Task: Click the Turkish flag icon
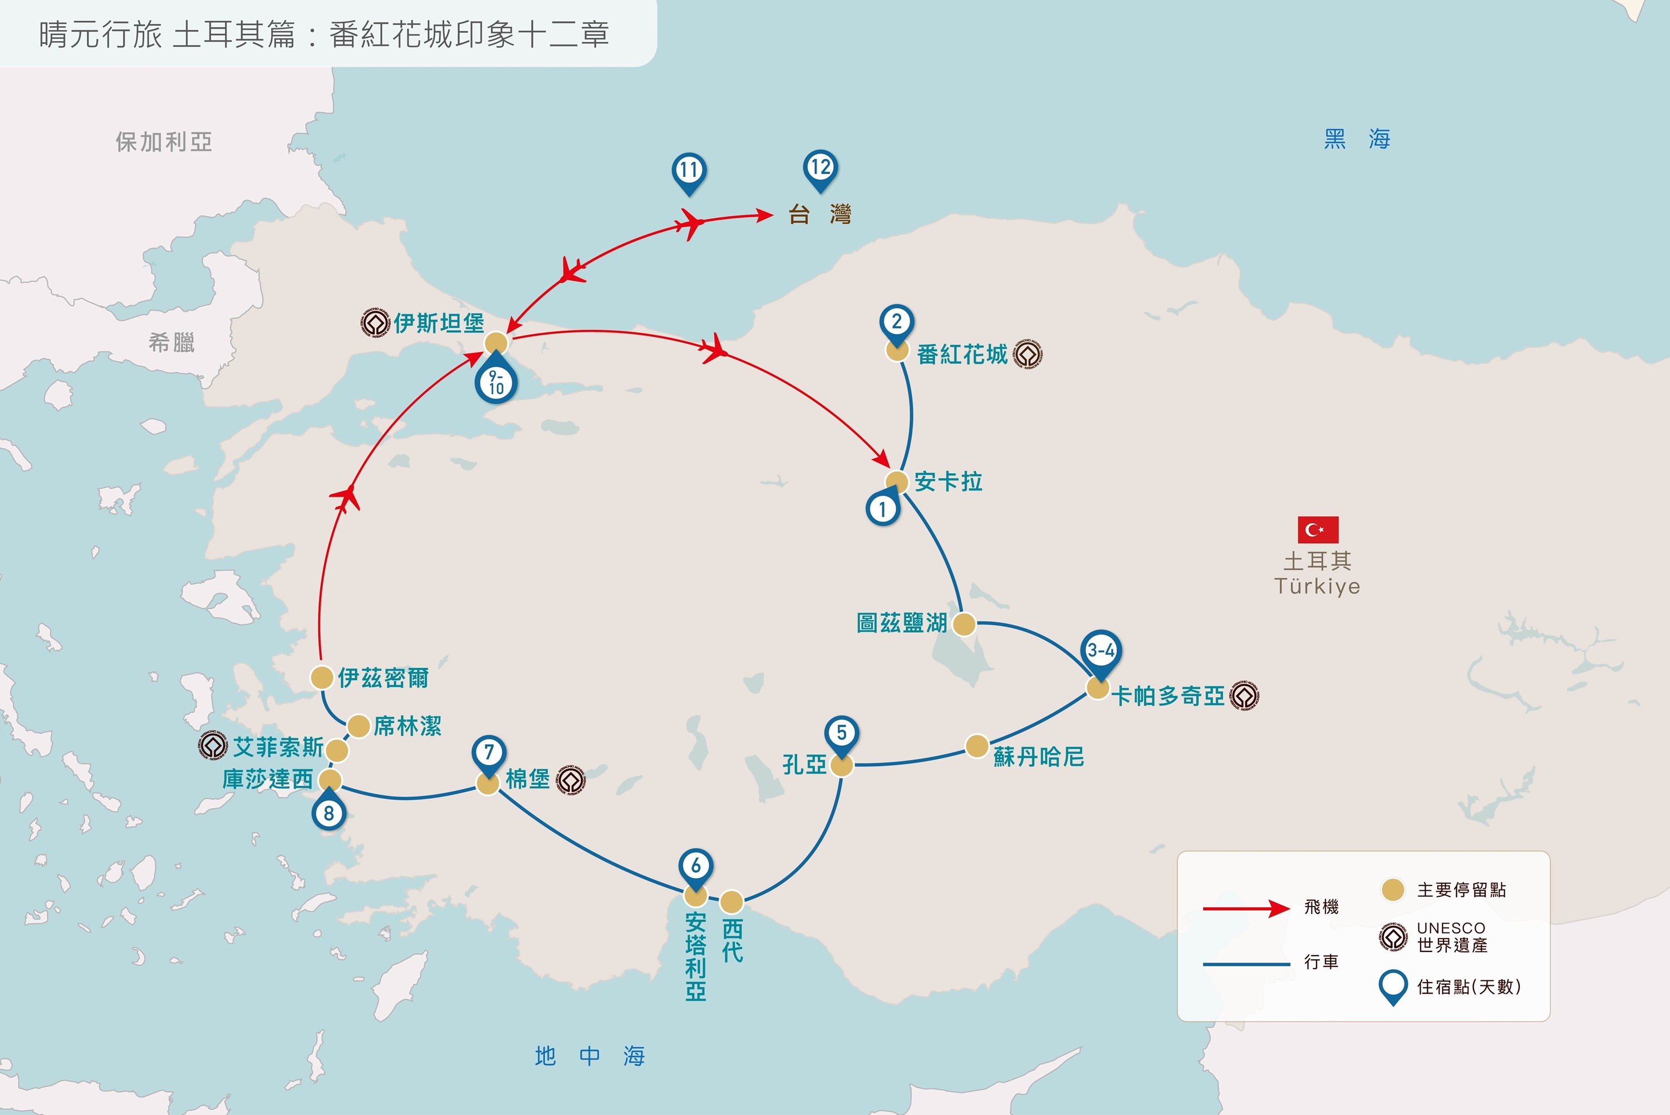[x=1318, y=530]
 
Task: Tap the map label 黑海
[x=1357, y=139]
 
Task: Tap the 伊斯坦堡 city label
[x=439, y=323]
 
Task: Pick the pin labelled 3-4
[x=1101, y=654]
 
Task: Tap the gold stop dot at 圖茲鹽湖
[x=964, y=625]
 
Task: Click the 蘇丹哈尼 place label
[x=1039, y=757]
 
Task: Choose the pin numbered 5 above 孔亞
[x=842, y=736]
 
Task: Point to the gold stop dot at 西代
[x=731, y=902]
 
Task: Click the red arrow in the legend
[x=1246, y=908]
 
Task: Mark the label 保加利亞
[x=164, y=142]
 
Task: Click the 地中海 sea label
[x=590, y=1056]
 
